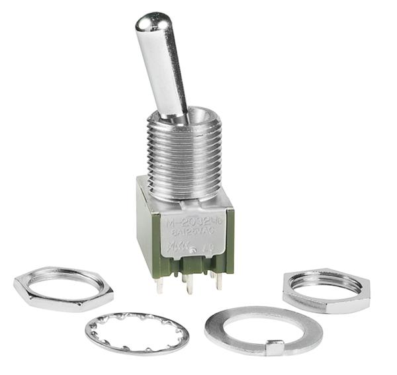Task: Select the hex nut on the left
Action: click(63, 288)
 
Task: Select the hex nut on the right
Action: click(326, 290)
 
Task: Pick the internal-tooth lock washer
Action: click(136, 333)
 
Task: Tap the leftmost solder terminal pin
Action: click(159, 285)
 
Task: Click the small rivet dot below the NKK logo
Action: click(191, 251)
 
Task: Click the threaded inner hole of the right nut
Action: click(325, 283)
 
